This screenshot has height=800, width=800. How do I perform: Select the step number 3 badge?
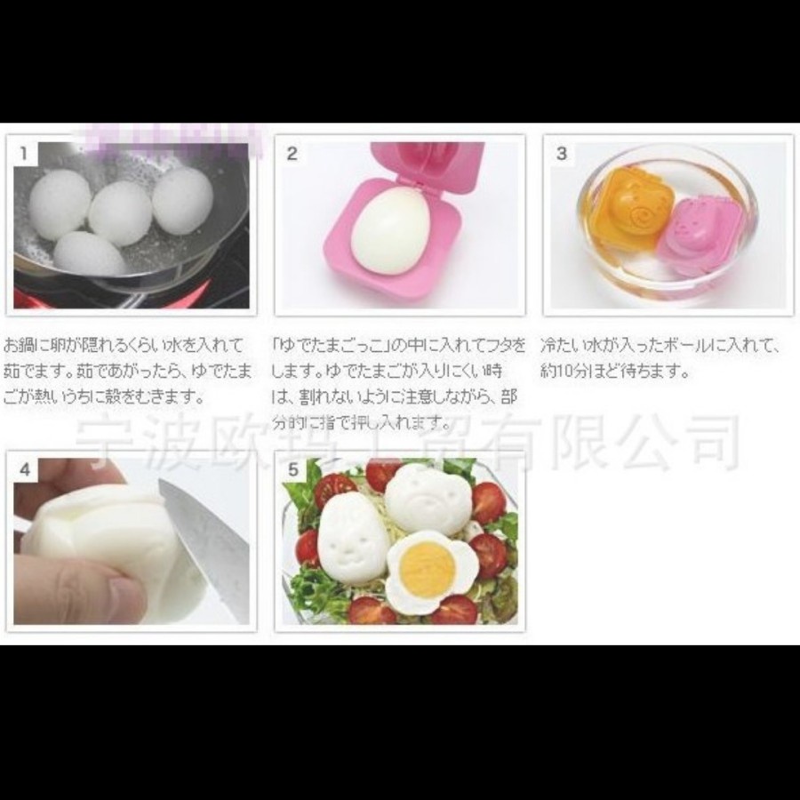(x=561, y=153)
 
